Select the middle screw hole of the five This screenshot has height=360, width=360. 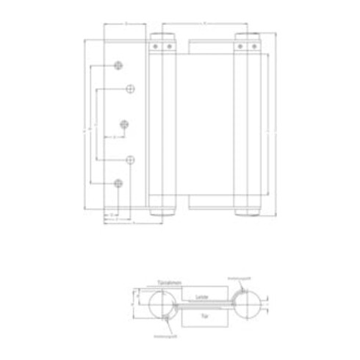point(126,123)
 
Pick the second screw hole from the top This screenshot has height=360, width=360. point(130,90)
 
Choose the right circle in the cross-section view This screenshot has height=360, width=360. point(247,305)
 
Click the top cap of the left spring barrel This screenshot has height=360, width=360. point(162,36)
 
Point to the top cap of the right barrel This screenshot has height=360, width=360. point(246,36)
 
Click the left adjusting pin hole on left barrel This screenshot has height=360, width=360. point(156,47)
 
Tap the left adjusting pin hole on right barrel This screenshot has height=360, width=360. point(240,47)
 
